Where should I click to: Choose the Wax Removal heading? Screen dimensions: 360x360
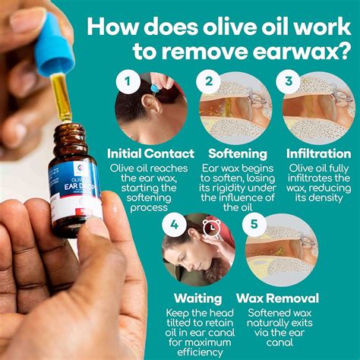point(278,298)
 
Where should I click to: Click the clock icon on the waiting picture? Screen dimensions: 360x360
point(213,226)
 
